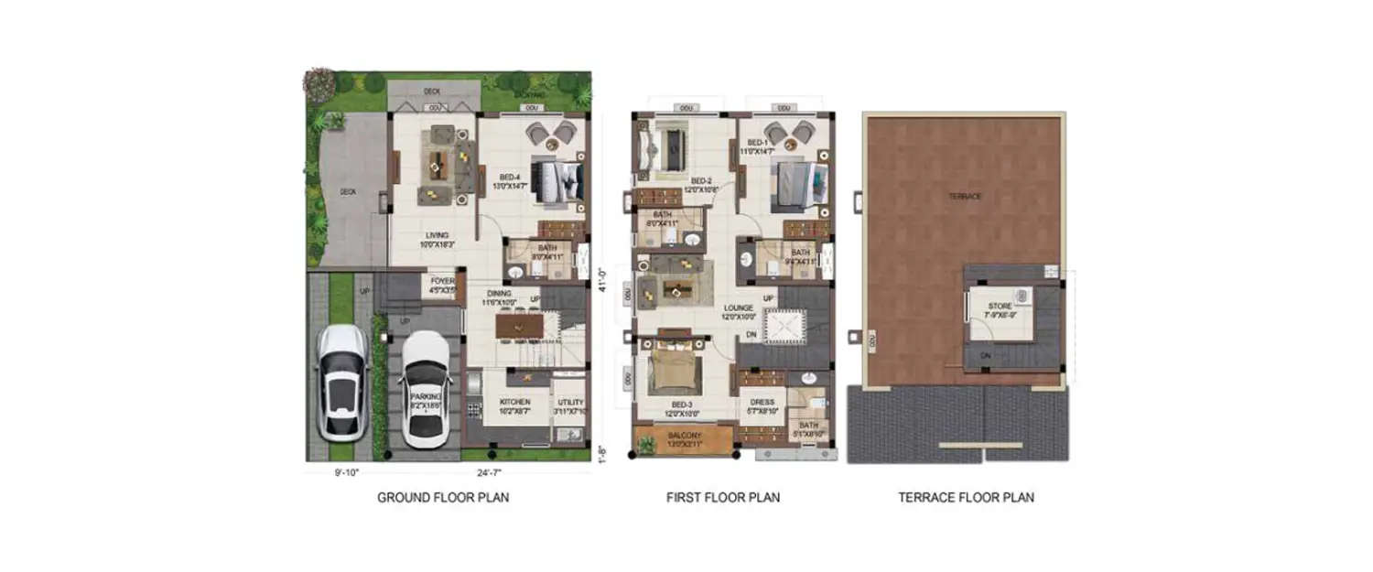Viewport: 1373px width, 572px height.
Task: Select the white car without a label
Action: click(342, 383)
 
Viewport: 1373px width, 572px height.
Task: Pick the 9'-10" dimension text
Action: click(347, 472)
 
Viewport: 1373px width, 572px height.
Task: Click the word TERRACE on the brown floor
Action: click(965, 197)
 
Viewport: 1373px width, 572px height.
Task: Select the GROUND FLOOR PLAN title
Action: click(443, 498)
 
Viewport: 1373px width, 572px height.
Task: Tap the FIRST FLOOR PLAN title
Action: click(723, 498)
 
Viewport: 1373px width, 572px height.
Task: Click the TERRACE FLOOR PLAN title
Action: click(966, 498)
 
